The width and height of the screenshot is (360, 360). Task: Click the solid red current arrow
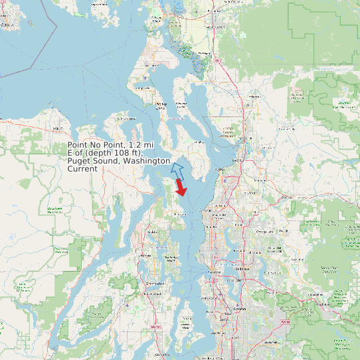point(181,189)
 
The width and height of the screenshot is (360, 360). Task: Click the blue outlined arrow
point(177,169)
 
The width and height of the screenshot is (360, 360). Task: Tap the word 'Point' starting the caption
point(78,145)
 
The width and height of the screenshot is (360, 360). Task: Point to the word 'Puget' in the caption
point(79,161)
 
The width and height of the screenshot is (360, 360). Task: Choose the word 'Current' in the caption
point(82,169)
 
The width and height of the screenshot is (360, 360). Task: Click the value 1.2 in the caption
point(135,145)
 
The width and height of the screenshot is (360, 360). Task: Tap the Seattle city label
point(215,273)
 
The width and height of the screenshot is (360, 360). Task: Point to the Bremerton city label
point(155,283)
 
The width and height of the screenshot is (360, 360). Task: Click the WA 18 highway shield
point(286,321)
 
